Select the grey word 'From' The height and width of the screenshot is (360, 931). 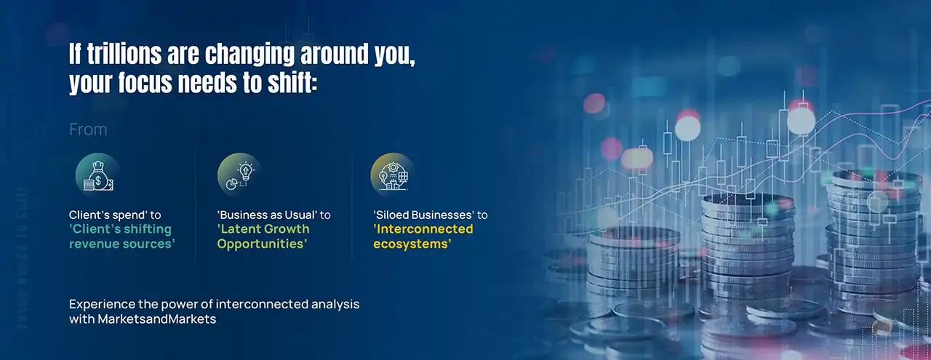click(x=88, y=129)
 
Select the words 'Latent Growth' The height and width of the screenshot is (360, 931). click(x=263, y=229)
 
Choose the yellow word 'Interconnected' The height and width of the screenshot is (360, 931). click(x=423, y=229)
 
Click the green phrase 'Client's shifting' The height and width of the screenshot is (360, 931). click(x=121, y=229)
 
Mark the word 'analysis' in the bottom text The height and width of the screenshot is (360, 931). click(x=335, y=304)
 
